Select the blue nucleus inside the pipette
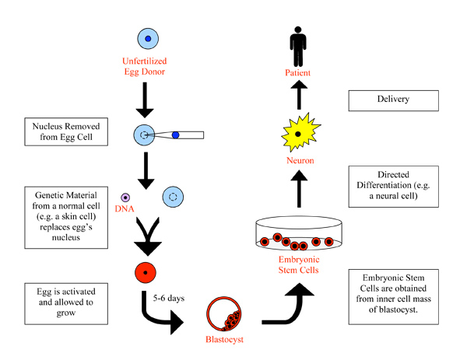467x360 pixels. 175,135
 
